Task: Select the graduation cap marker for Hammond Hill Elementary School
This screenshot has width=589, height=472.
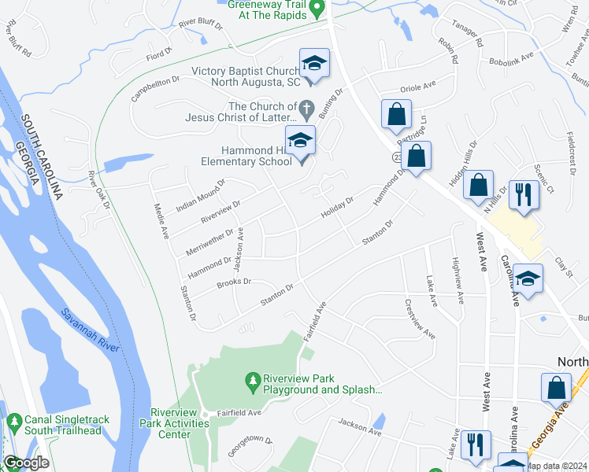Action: [299, 142]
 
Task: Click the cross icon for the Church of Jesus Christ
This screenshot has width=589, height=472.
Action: [308, 107]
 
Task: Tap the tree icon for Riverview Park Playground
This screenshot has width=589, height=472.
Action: [253, 382]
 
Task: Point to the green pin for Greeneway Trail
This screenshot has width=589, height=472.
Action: [317, 9]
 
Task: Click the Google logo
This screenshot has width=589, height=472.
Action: [26, 463]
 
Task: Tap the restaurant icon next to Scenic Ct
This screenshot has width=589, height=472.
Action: [524, 194]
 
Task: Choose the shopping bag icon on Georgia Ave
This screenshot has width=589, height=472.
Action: [556, 387]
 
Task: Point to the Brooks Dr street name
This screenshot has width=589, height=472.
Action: [233, 281]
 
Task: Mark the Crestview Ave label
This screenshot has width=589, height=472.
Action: [420, 318]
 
